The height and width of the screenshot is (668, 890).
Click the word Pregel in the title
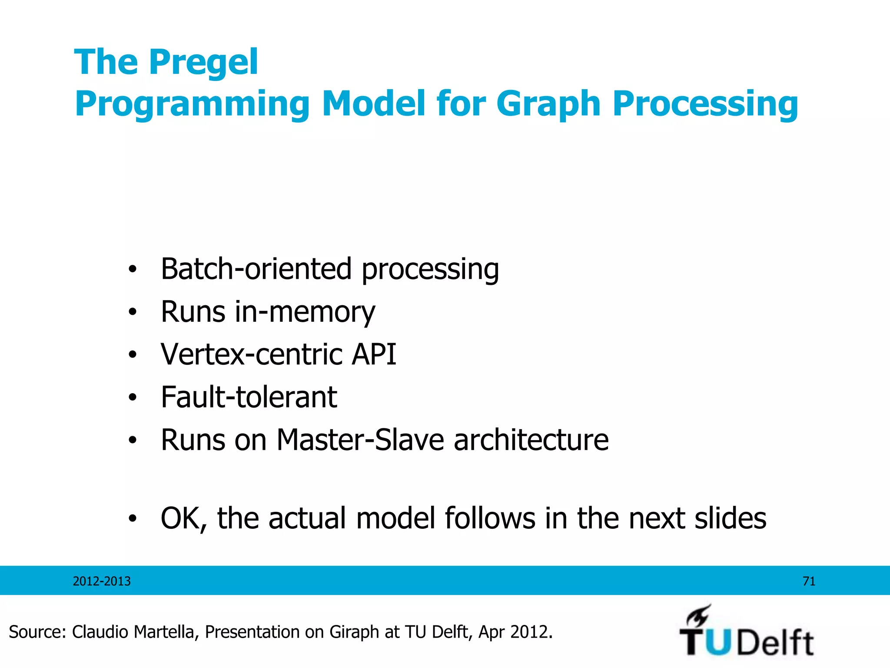203,63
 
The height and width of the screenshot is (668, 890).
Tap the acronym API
374,354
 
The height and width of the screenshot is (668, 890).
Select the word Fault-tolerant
249,397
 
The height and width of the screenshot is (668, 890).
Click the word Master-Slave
360,440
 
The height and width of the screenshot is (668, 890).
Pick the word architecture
531,440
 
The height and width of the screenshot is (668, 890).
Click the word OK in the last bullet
183,518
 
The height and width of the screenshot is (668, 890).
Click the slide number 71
809,581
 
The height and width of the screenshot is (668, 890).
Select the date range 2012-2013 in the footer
102,581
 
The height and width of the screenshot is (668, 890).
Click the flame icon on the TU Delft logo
698,616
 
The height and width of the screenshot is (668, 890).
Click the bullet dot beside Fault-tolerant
133,397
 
